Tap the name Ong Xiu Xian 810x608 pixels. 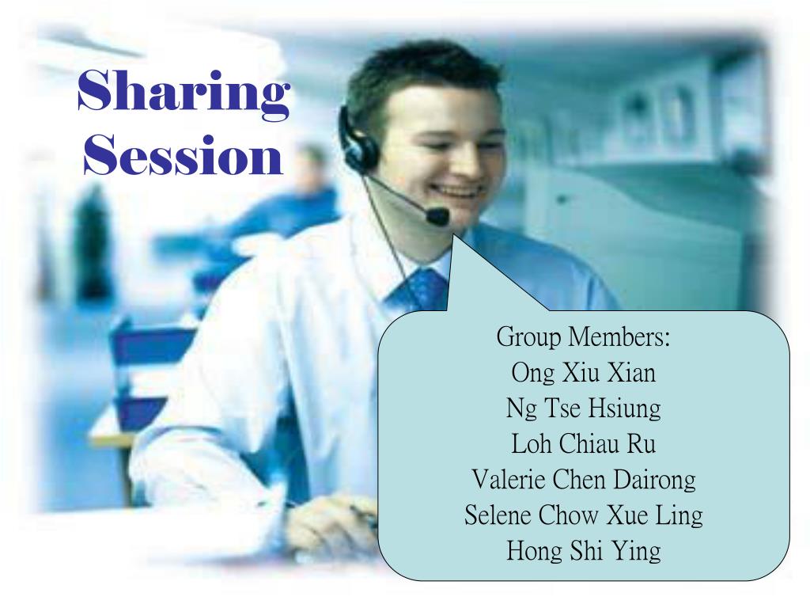(583, 372)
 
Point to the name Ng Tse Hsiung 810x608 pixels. (583, 408)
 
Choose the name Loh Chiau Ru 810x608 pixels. (583, 443)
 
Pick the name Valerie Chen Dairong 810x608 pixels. (583, 479)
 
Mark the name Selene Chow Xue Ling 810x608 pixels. (583, 515)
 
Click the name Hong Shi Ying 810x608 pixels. (583, 551)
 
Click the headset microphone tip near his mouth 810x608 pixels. (437, 215)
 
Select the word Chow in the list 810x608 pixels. (570, 515)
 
